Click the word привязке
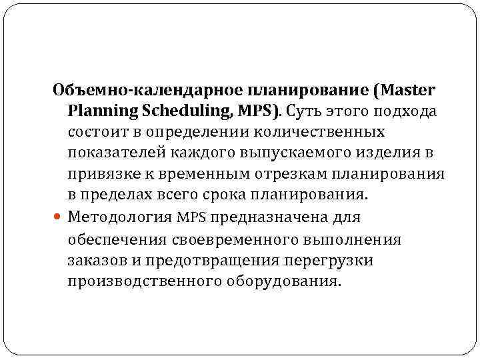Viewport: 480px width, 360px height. tap(101, 175)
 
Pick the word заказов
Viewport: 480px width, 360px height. tap(93, 261)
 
